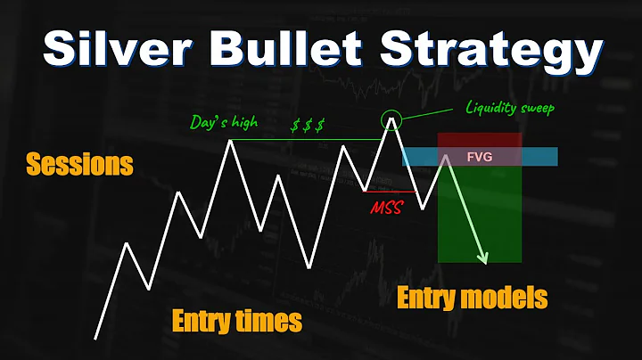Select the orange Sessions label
(80, 165)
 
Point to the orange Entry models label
(471, 298)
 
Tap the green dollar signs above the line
(308, 126)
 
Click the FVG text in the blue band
(480, 157)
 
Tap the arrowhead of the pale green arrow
(485, 258)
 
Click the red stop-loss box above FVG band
(480, 141)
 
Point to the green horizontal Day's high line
(303, 140)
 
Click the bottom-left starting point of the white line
(95, 339)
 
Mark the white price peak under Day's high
(233, 142)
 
